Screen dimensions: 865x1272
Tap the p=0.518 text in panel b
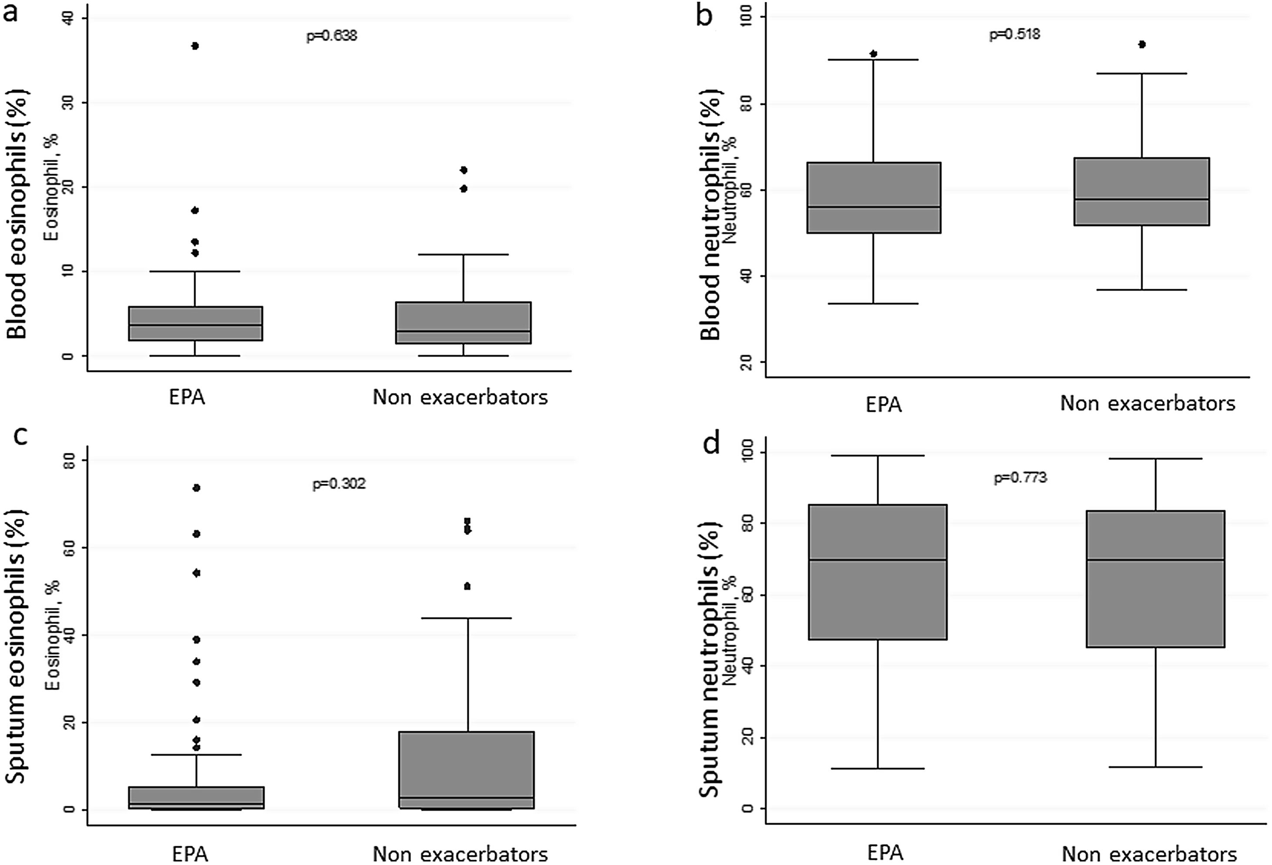1014,34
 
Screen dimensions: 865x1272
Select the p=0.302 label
339,484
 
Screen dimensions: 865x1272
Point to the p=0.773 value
1020,478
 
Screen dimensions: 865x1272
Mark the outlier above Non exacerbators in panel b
1142,44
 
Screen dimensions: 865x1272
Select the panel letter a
10,12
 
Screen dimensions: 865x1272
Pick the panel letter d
711,444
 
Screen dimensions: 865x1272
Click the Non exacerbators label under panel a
460,397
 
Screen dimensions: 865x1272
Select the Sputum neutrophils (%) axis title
710,660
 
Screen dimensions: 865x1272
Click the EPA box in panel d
878,602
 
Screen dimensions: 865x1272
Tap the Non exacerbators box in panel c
466,766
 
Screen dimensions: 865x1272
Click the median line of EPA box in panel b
874,207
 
